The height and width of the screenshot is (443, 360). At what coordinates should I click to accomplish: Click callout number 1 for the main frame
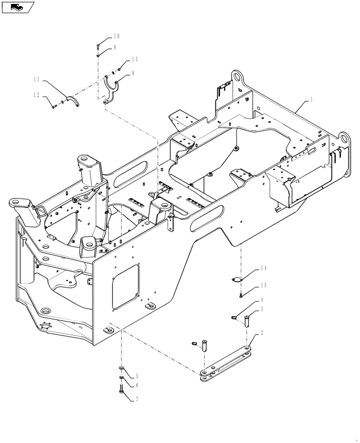[311, 100]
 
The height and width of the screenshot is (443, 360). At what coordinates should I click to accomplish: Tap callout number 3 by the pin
[262, 309]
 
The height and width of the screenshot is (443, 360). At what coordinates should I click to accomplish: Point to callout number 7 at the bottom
[136, 399]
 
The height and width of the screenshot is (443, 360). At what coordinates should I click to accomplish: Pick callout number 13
[134, 59]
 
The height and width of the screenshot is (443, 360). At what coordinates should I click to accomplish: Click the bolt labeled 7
[121, 389]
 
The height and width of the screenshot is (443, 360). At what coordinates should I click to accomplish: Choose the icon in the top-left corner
[18, 7]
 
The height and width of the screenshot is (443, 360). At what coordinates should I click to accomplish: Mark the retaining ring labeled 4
[233, 317]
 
